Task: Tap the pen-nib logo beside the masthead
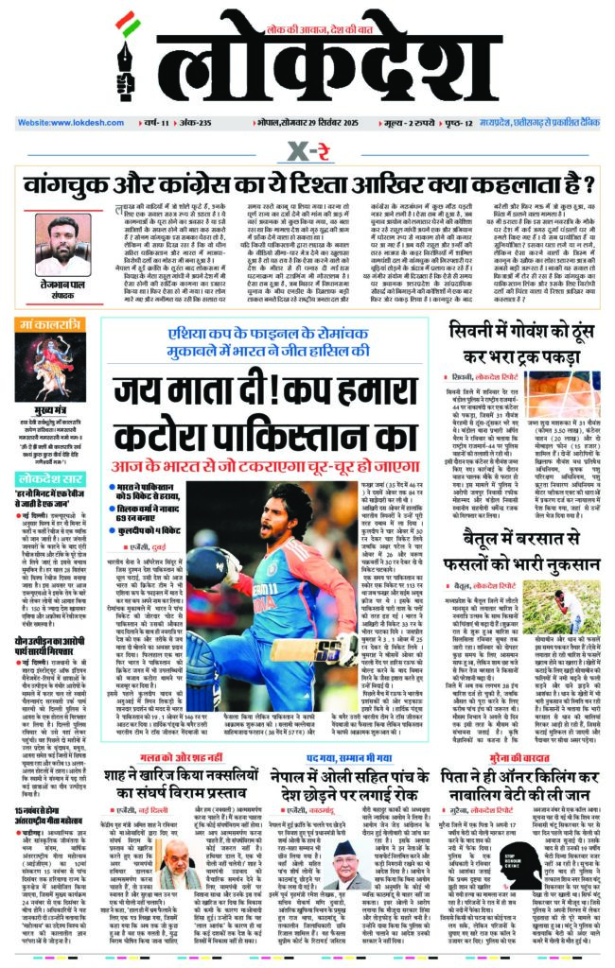point(129,64)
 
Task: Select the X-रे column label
point(307,150)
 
